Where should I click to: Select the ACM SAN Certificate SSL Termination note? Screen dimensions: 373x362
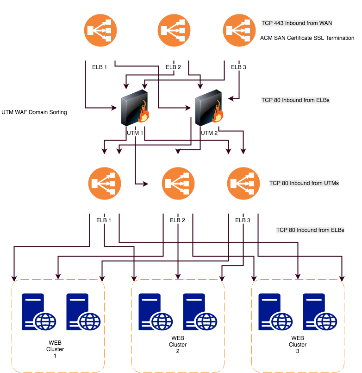click(307, 38)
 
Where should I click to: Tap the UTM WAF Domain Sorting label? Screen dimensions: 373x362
click(34, 112)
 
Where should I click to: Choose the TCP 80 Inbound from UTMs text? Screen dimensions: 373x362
click(304, 183)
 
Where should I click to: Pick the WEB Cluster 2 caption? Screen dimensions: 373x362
click(178, 345)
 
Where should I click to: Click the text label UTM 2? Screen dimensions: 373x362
click(209, 133)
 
